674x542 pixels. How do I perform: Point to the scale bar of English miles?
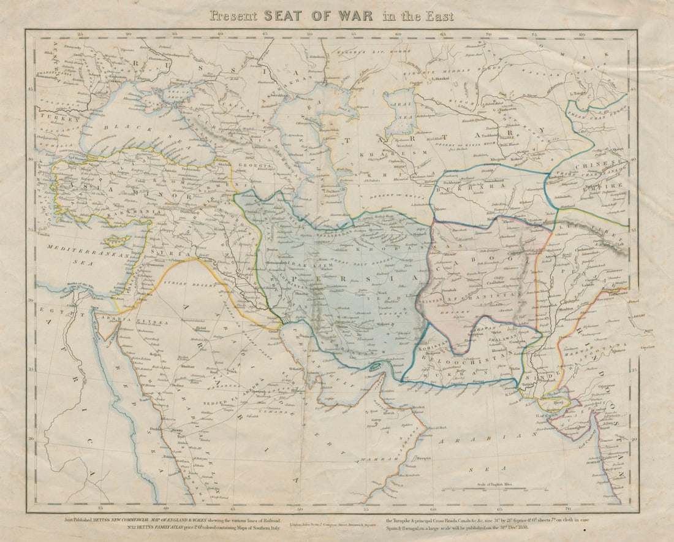pos(494,489)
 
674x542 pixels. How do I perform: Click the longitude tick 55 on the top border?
pos(354,35)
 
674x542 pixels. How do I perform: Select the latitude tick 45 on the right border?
pos(633,90)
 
